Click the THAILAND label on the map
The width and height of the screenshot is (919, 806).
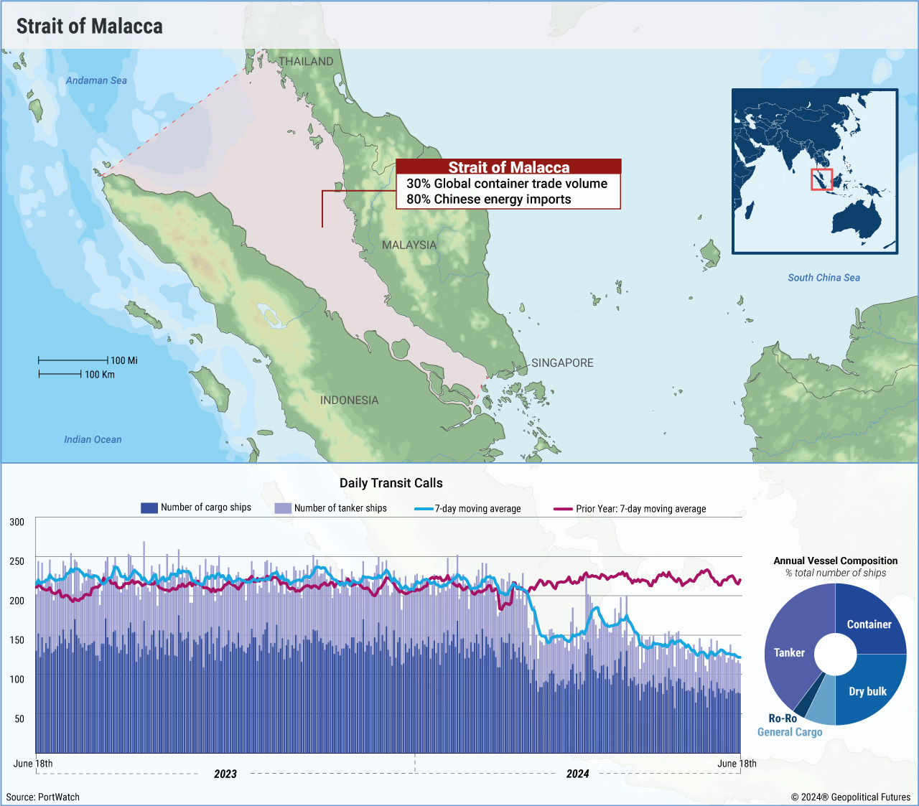pos(306,62)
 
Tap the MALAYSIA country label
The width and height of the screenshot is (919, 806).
pos(409,245)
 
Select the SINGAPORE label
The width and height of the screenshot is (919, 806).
pos(562,363)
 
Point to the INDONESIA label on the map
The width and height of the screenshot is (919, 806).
pos(349,400)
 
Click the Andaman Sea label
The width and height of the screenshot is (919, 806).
pos(96,80)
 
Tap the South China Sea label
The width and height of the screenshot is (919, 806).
pos(824,278)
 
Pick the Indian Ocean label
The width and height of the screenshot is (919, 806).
pos(93,439)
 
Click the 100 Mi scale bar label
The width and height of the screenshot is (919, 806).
pos(124,360)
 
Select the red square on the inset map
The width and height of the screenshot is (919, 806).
pos(821,179)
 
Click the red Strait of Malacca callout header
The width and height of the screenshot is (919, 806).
pos(508,167)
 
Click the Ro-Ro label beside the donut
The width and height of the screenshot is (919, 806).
pos(783,718)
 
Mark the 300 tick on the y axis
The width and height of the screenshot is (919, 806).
pos(17,522)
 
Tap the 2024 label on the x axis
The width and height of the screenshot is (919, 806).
pos(577,774)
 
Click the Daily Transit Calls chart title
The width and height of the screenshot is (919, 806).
pos(391,483)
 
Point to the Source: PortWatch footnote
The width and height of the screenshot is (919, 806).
pos(43,797)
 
